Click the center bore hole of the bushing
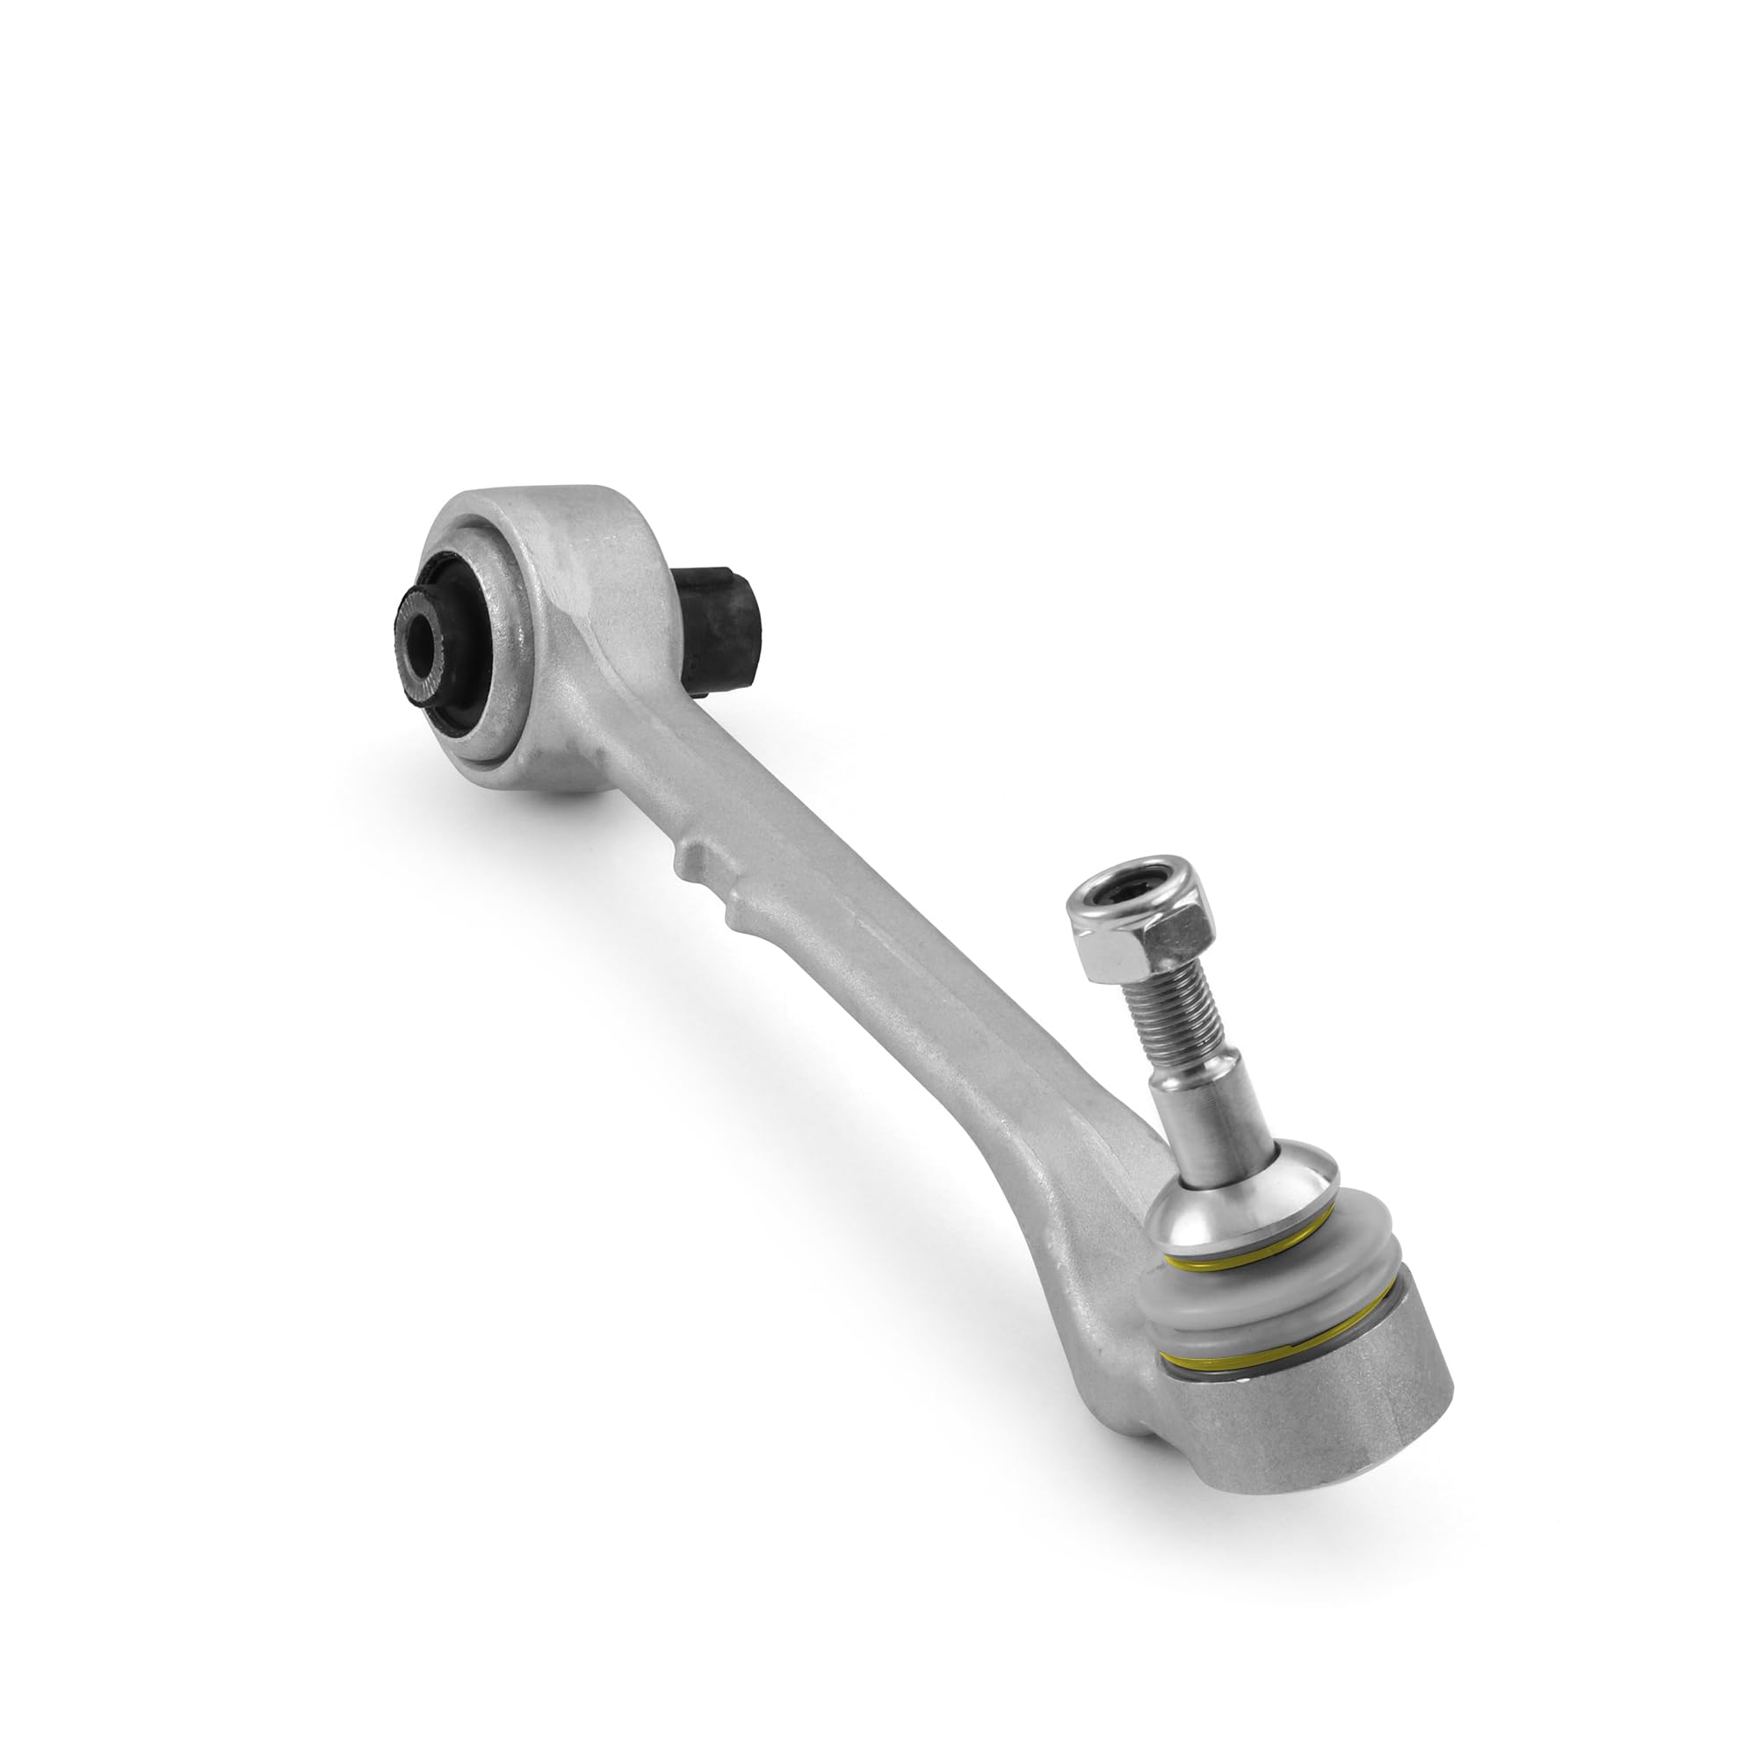[421, 645]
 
